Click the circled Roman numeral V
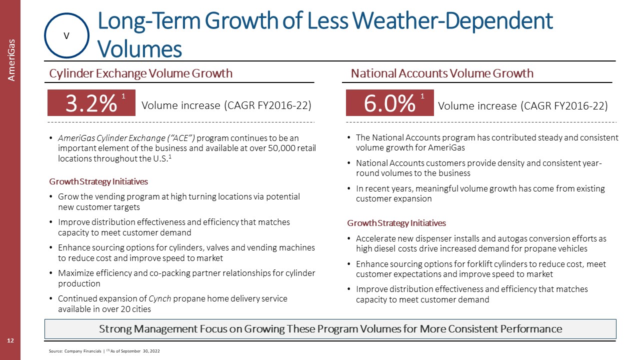click(66, 35)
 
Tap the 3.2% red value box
click(91, 103)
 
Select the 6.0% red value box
click(389, 103)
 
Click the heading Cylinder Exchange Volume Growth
click(140, 73)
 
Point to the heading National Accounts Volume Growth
click(442, 73)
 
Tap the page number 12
click(10, 340)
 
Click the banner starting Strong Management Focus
click(330, 328)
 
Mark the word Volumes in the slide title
click(139, 49)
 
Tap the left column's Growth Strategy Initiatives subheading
click(98, 181)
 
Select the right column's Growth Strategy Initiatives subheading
click(396, 222)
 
